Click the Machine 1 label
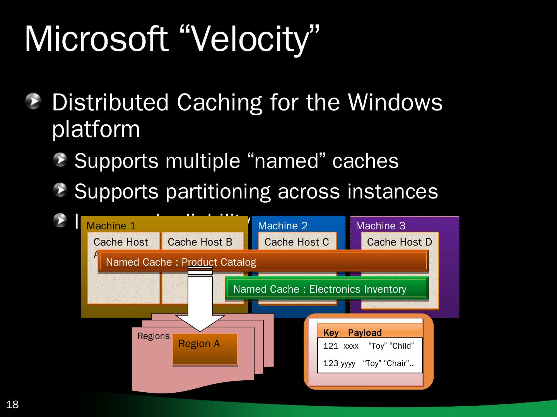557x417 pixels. point(111,226)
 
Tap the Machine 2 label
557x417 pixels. point(282,226)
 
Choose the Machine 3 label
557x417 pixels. point(380,226)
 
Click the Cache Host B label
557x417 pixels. point(200,242)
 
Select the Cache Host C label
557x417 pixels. point(296,242)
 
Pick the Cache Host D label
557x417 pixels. point(399,242)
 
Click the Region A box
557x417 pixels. point(205,349)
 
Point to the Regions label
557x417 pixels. point(153,336)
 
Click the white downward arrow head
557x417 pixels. point(200,322)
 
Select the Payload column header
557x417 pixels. point(364,333)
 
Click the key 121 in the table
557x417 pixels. point(330,346)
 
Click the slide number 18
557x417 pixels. point(12,405)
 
